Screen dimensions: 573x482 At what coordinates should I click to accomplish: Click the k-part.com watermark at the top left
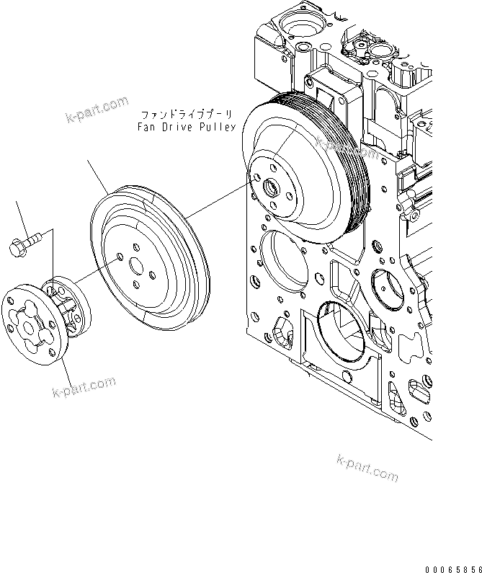pyautogui.click(x=97, y=112)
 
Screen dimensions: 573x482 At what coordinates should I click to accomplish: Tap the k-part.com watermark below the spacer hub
pyautogui.click(x=84, y=388)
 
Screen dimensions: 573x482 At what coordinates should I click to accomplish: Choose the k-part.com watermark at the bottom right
pyautogui.click(x=367, y=468)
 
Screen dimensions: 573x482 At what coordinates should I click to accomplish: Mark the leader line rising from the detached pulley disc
pyautogui.click(x=97, y=177)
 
